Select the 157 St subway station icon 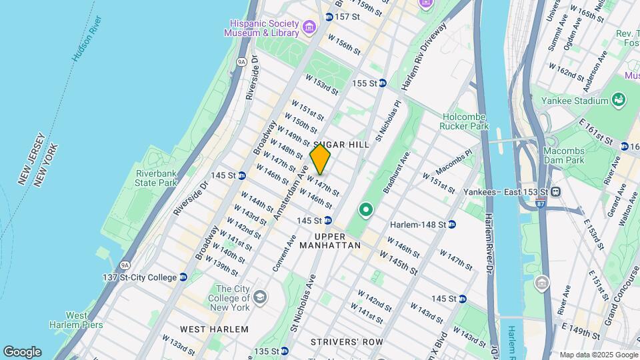click(x=329, y=17)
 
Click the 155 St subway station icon click(x=382, y=83)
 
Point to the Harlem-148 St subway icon click(x=451, y=224)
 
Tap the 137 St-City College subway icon click(x=183, y=277)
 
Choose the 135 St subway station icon click(x=285, y=351)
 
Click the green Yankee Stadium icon click(x=619, y=101)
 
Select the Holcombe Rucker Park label click(x=465, y=121)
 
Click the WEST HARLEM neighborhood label click(x=205, y=329)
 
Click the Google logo click(x=22, y=352)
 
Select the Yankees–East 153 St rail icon click(x=555, y=191)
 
